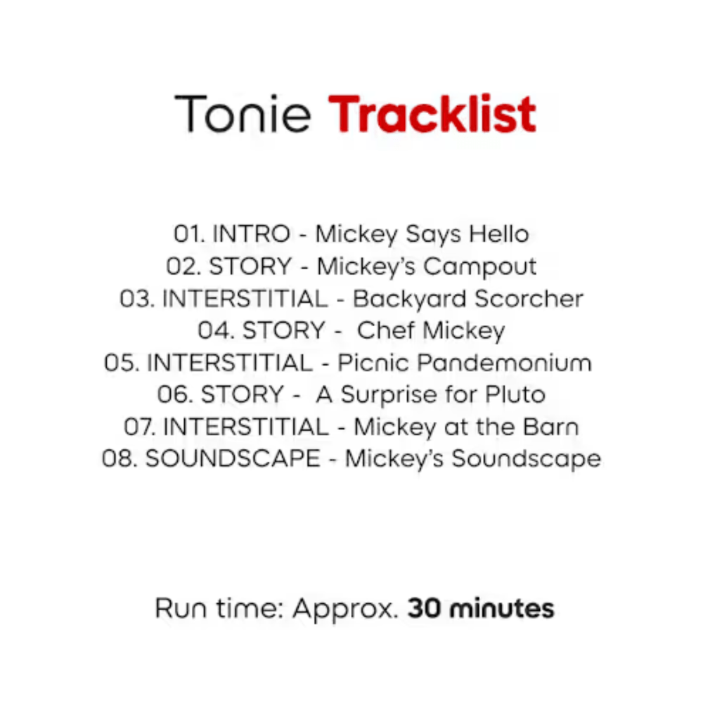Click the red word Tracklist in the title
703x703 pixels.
click(x=432, y=114)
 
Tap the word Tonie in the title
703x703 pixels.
click(x=242, y=114)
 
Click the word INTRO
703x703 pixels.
click(x=251, y=233)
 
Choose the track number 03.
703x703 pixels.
click(x=137, y=299)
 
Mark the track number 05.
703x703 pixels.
click(x=122, y=363)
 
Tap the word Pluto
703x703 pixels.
click(x=515, y=394)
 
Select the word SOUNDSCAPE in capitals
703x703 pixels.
click(x=232, y=459)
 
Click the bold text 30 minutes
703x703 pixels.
click(x=481, y=608)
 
